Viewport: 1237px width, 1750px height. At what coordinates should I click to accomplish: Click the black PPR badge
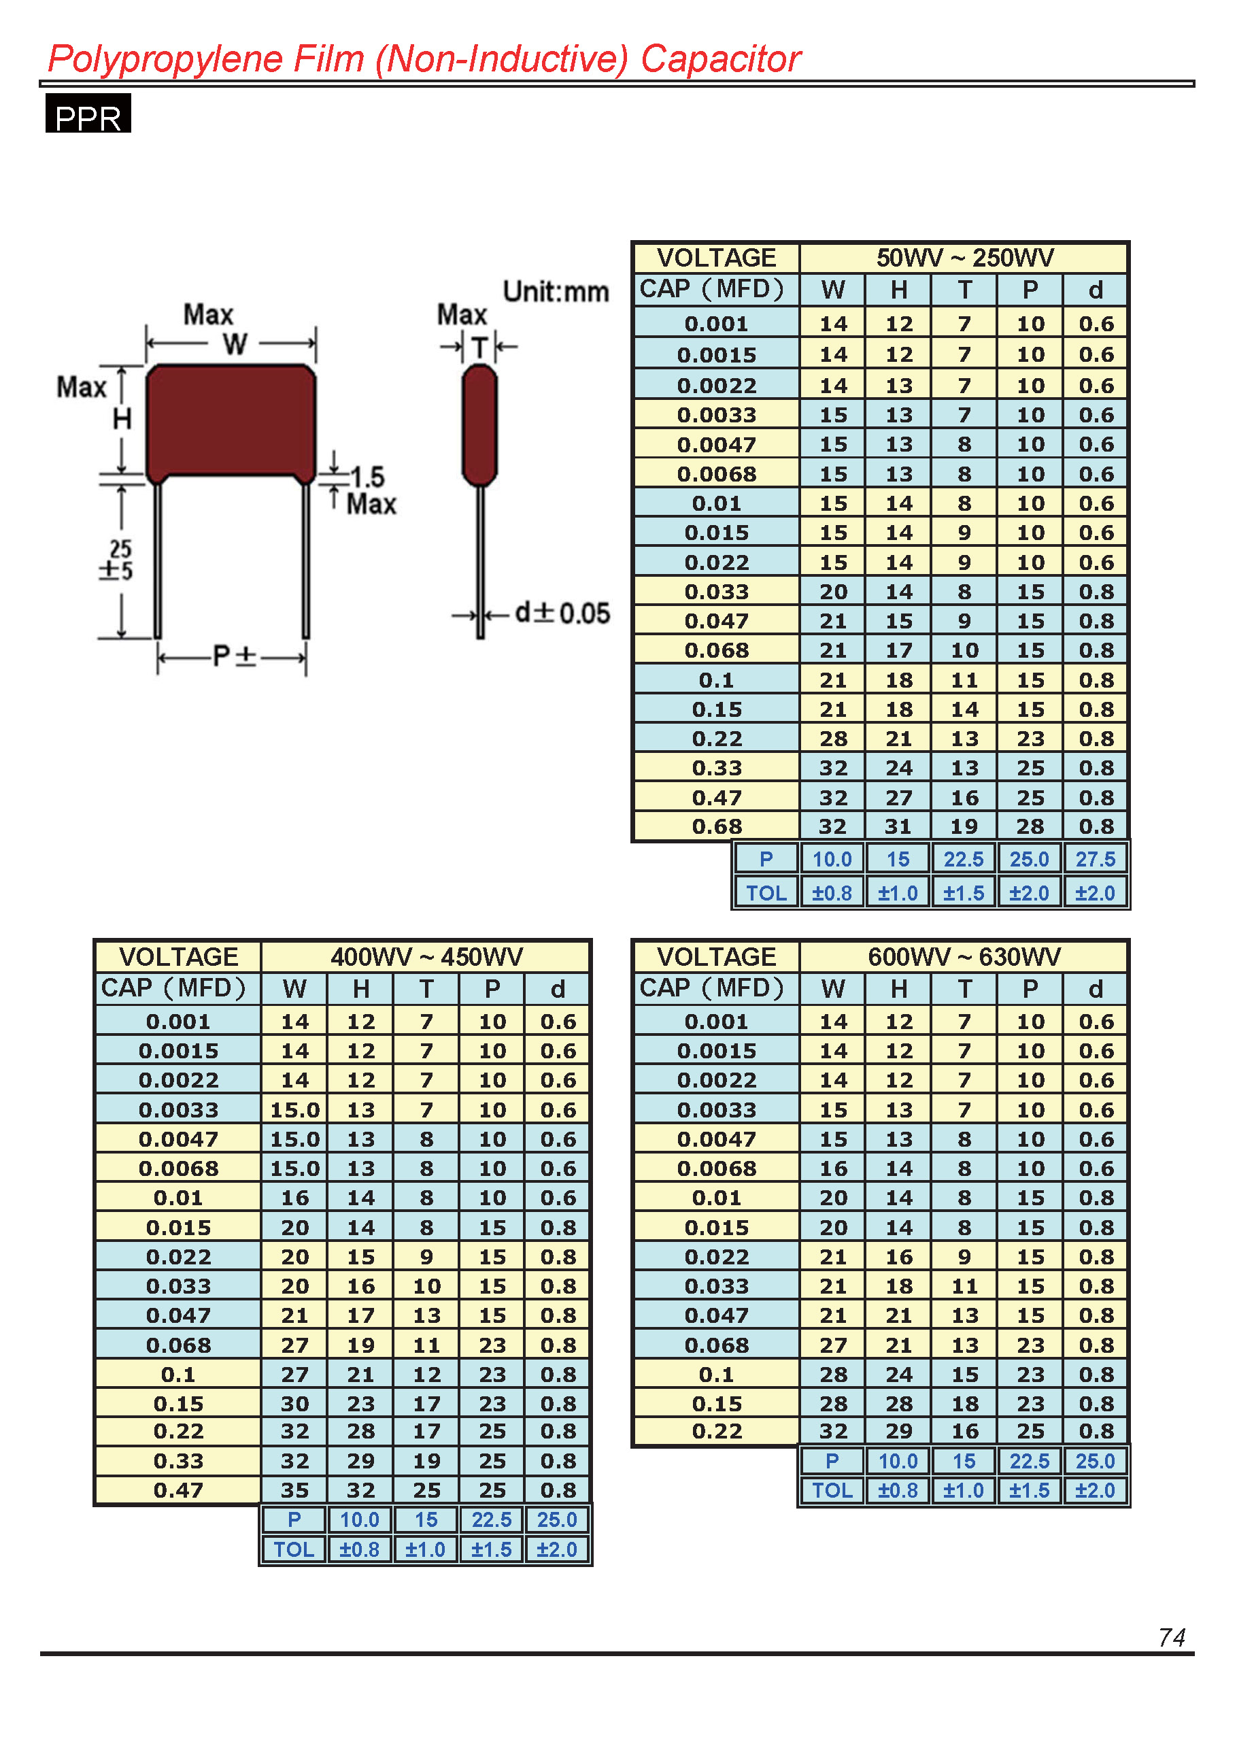click(88, 113)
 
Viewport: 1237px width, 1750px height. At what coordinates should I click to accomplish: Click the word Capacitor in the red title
click(720, 59)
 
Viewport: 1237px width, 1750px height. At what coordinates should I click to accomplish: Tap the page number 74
click(1172, 1637)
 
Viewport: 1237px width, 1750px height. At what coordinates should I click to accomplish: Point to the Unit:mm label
click(556, 291)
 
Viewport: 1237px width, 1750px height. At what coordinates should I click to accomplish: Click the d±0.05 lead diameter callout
click(562, 613)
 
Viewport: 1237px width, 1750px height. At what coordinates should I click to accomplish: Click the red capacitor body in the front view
click(230, 423)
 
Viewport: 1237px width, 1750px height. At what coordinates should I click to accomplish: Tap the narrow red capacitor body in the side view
click(479, 424)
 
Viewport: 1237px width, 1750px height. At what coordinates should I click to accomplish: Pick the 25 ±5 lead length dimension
click(118, 560)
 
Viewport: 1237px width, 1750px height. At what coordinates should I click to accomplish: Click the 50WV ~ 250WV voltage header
click(964, 258)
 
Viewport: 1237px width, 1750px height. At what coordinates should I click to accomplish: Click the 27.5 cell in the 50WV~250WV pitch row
click(1096, 859)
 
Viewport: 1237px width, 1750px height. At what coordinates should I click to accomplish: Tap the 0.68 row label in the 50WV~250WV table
click(717, 826)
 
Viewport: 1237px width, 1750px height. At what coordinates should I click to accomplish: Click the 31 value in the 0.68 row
click(898, 826)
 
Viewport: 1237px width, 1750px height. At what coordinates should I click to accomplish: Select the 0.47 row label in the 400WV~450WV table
click(178, 1490)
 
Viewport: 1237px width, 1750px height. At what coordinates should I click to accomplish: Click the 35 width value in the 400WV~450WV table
click(295, 1490)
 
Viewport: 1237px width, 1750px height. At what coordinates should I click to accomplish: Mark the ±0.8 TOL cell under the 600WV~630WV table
click(898, 1490)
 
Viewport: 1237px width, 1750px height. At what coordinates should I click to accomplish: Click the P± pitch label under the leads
click(234, 656)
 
